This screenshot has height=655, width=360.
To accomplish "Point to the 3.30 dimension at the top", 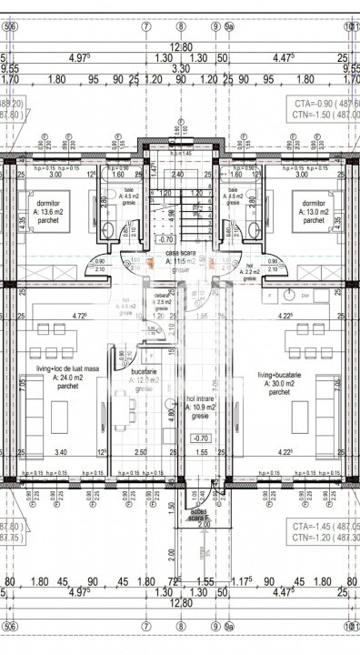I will coord(181,68).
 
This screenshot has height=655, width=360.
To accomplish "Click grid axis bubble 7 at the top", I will coord(146,25).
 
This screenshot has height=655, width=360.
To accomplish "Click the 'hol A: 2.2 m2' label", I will coord(251,269).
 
